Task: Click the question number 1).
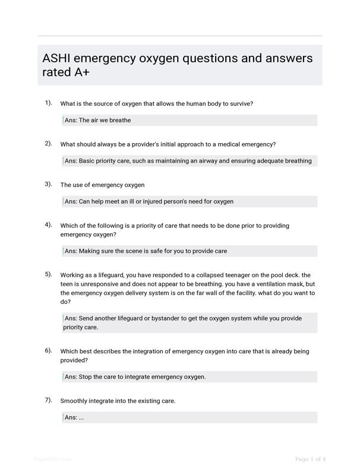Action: pos(48,103)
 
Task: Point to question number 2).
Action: pos(48,143)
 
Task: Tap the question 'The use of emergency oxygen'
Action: pos(102,185)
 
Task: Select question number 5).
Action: pos(48,274)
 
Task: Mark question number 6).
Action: pos(48,350)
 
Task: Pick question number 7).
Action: pos(48,400)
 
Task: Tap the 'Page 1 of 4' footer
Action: pos(310,459)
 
